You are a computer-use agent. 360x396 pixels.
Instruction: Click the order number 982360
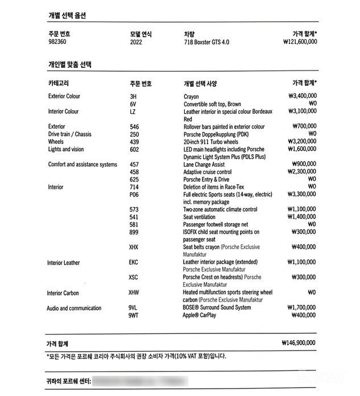coord(58,42)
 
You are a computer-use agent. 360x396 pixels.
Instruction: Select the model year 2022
coord(136,42)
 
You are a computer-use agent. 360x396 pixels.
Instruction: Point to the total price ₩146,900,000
coord(299,343)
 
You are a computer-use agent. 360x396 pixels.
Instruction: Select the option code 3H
coord(133,97)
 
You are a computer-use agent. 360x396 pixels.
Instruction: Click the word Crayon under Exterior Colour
coord(191,97)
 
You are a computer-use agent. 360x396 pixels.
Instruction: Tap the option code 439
coord(134,142)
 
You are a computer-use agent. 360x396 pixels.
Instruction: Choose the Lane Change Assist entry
coord(204,164)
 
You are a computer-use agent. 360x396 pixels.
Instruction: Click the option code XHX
coord(134,247)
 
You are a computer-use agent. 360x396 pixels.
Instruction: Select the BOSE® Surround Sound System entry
coord(217,308)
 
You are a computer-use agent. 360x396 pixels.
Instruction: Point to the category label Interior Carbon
coord(63,293)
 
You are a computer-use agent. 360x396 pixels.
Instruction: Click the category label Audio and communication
coord(75,308)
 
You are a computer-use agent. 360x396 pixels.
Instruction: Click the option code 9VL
coord(134,308)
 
